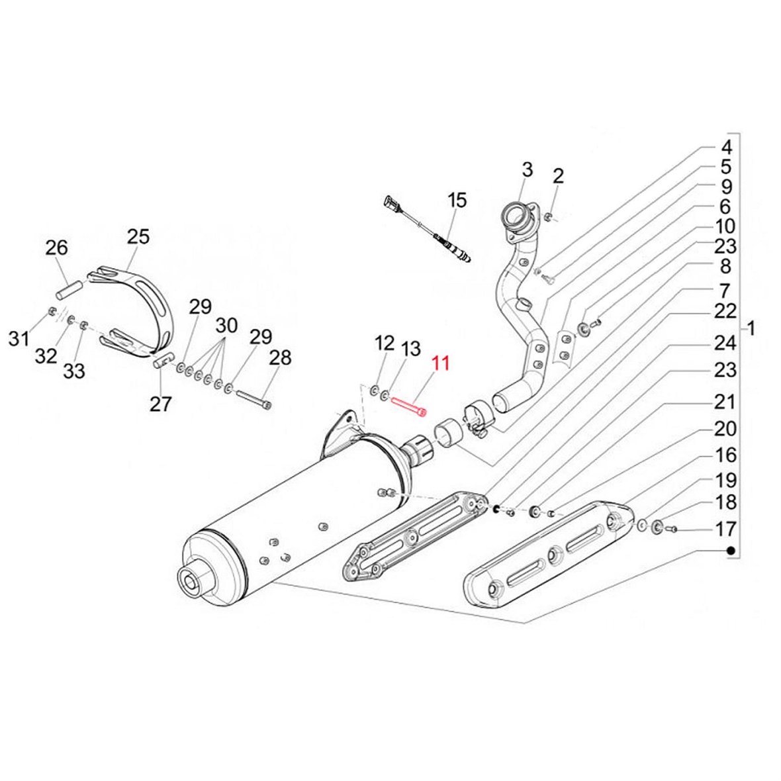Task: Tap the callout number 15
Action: (457, 199)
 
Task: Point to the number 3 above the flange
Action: (527, 169)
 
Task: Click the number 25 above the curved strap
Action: (139, 236)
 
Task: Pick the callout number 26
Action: (57, 248)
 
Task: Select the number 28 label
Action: (280, 357)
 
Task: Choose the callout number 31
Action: (19, 340)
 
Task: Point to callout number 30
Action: (226, 326)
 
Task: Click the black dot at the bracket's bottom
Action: (731, 551)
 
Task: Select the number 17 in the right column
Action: (726, 529)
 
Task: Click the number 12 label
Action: (384, 344)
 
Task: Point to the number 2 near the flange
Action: (558, 176)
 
